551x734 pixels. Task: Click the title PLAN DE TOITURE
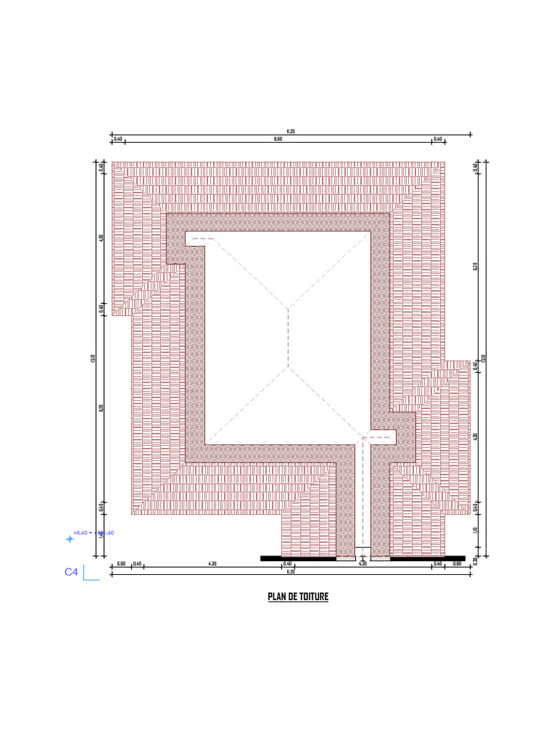point(298,596)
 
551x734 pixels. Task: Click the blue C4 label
point(71,572)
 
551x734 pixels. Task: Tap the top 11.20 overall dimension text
point(291,131)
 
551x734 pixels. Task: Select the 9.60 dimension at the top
point(278,139)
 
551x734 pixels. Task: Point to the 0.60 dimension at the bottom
point(121,564)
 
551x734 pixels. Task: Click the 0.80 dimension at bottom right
point(456,564)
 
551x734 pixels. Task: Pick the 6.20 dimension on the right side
point(475,267)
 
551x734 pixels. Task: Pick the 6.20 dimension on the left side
point(101,408)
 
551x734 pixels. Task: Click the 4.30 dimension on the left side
point(101,238)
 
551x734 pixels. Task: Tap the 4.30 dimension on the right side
point(475,436)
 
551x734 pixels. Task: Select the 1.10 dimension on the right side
point(475,530)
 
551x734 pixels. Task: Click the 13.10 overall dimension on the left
point(93,358)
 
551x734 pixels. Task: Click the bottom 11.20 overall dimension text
point(291,572)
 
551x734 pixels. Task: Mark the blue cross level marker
point(70,538)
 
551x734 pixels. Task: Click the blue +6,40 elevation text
point(80,533)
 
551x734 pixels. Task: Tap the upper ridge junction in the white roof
point(288,309)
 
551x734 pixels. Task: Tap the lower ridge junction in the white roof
point(288,368)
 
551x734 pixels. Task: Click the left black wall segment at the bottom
point(298,558)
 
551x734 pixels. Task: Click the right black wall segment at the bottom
point(428,558)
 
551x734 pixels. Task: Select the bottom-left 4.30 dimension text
point(212,564)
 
